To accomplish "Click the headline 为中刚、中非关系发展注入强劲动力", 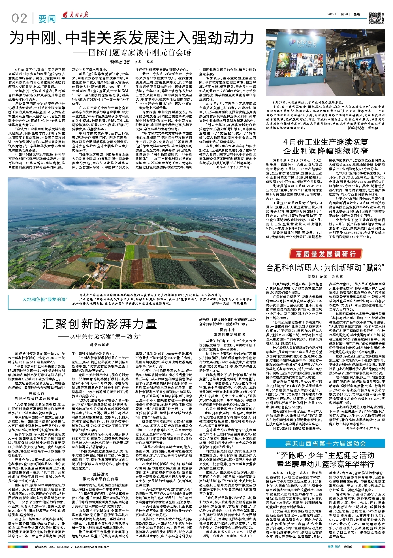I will (132, 38).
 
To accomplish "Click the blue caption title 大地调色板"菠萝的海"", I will (45, 299).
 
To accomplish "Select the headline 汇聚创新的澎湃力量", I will (99, 324).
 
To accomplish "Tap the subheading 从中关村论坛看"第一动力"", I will (101, 336).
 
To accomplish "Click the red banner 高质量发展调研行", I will (325, 254).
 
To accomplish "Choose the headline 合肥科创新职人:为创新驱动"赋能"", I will (325, 267).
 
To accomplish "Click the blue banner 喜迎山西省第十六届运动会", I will (325, 443).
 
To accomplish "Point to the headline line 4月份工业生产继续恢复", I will (325, 142).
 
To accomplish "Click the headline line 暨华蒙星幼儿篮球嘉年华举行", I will (325, 464).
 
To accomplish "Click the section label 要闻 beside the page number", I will (47, 19).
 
